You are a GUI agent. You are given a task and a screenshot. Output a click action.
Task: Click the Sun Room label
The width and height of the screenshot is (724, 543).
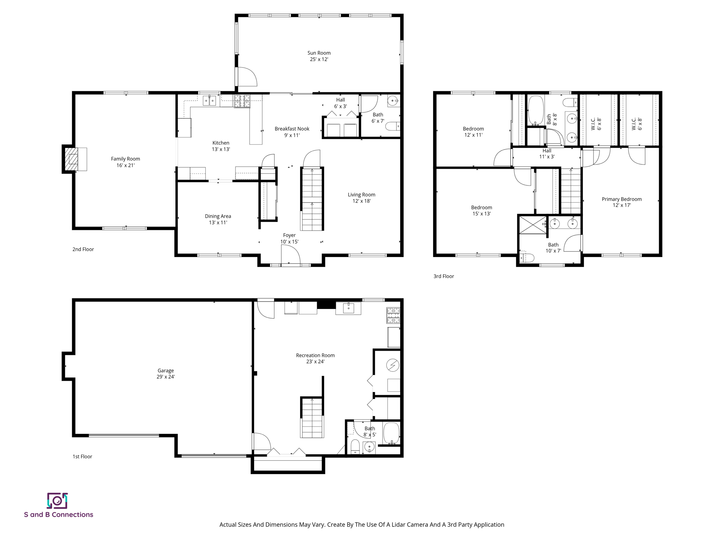point(319,53)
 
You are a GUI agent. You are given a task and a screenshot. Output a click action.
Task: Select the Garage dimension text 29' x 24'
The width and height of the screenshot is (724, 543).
point(165,377)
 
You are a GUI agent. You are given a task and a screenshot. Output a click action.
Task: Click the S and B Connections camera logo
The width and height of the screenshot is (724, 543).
point(57,501)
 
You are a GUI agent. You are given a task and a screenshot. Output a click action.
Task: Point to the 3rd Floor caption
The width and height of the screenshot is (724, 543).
point(444,276)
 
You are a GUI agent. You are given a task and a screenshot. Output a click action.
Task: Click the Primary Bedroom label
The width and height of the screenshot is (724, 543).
point(621,199)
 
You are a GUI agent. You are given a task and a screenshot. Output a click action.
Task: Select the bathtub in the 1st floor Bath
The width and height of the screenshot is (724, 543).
point(391,433)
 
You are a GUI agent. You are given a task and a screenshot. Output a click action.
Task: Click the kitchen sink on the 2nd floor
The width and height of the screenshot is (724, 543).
point(209,101)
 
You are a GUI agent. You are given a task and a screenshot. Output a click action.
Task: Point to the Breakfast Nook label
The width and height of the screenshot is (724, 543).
point(292,129)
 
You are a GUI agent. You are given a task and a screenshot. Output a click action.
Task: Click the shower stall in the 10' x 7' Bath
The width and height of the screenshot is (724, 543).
point(532,225)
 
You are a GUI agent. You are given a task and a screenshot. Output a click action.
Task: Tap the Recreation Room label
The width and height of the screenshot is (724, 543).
point(315,355)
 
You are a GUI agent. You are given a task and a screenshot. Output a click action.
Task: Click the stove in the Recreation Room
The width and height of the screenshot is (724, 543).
point(393,315)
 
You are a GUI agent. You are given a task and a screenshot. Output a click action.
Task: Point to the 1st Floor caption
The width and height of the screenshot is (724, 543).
point(82,456)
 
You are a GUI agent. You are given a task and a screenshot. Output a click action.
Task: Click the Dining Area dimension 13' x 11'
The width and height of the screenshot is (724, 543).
point(218,222)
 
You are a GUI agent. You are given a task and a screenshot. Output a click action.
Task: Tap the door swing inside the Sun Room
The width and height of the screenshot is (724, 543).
point(246,77)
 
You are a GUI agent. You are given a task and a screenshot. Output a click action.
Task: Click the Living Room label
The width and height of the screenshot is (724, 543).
point(361,194)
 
